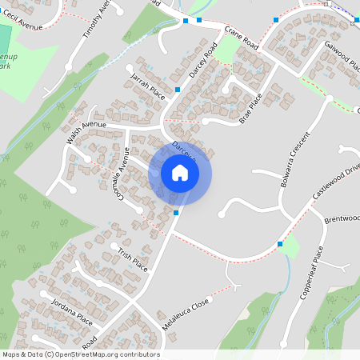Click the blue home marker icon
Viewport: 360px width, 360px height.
tap(179, 173)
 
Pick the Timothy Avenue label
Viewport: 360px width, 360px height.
tap(94, 20)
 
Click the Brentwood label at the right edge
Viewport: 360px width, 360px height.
tap(342, 218)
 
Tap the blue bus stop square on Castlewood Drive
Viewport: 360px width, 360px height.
tap(280, 243)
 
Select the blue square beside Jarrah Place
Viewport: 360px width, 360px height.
tap(177, 89)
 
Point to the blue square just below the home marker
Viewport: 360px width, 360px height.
tap(175, 213)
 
